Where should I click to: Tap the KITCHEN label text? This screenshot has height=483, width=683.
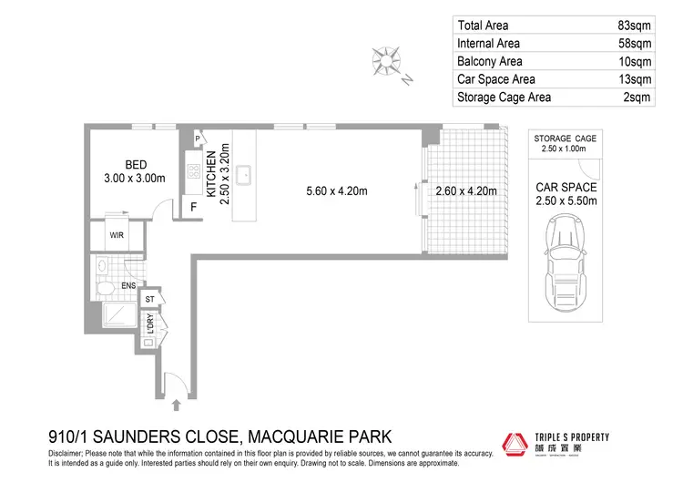click(210, 173)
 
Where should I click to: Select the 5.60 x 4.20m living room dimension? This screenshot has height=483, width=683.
click(337, 191)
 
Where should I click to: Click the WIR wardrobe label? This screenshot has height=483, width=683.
click(117, 235)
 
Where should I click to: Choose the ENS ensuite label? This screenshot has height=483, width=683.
click(129, 285)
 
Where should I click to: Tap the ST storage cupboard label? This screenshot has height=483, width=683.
click(150, 299)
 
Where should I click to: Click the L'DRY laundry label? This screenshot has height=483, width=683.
click(150, 324)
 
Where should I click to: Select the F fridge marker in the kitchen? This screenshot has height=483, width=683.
click(193, 207)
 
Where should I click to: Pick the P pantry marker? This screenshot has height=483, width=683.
click(198, 139)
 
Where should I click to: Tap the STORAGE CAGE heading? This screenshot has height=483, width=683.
click(566, 138)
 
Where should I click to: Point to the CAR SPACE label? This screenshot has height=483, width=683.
click(566, 188)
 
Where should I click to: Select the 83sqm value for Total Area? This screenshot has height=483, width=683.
click(635, 26)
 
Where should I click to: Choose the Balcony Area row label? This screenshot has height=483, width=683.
click(489, 61)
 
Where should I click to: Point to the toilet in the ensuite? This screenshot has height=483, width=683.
click(105, 289)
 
